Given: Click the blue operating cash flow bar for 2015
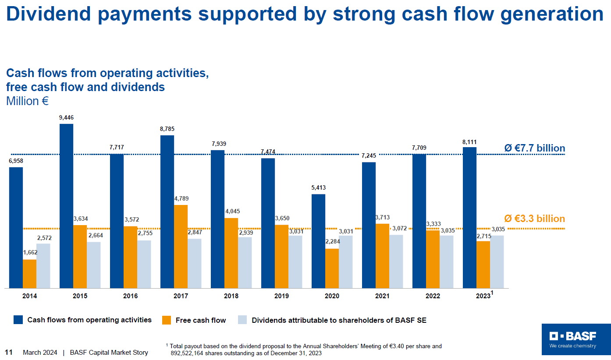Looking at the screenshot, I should click(x=67, y=206).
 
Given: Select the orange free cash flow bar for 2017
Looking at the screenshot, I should click(x=181, y=246).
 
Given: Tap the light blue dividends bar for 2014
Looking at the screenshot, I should click(x=43, y=265).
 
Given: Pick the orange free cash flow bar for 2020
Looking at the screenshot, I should click(x=332, y=268).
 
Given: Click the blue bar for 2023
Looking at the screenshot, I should click(x=470, y=217).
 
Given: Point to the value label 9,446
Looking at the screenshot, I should click(x=67, y=117).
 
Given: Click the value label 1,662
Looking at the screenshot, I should click(x=30, y=253).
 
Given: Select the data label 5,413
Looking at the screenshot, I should click(x=319, y=187).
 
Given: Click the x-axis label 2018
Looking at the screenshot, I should click(x=231, y=296).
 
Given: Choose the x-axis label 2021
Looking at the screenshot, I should click(x=382, y=296).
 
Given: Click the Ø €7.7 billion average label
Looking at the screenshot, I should click(x=534, y=148).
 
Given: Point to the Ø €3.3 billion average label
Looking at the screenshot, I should click(x=534, y=219).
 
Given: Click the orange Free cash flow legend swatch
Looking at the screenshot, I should click(x=167, y=320).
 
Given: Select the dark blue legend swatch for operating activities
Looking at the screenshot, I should click(x=18, y=320).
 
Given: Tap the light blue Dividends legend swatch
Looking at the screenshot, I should click(x=242, y=320).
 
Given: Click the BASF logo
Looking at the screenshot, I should click(x=576, y=339).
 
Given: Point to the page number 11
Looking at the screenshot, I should click(x=8, y=353).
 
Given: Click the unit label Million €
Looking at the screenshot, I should click(x=27, y=101).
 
